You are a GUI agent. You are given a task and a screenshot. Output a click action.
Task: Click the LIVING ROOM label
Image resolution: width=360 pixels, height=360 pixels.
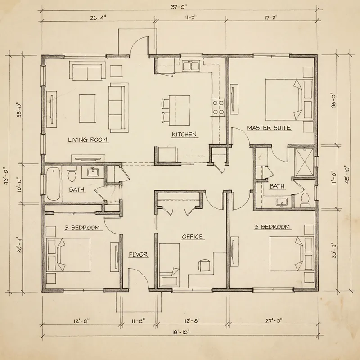(87, 139)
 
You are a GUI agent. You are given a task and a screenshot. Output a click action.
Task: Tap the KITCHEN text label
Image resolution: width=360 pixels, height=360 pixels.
(184, 135)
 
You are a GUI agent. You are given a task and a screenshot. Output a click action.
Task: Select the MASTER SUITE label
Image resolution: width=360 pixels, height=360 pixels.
(269, 128)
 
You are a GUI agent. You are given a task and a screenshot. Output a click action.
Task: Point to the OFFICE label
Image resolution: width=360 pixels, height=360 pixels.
(192, 237)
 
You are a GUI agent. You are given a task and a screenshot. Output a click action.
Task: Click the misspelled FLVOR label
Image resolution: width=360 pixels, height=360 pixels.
(138, 254)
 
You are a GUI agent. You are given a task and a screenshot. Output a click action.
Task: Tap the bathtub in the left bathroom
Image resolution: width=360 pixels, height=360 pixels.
(54, 184)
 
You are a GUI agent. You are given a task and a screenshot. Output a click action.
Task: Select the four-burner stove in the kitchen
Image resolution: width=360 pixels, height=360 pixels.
(219, 108)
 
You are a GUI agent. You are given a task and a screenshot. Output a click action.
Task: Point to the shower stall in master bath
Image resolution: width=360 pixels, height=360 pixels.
(304, 162)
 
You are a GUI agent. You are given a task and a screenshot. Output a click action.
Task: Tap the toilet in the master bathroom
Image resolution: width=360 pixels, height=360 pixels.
(305, 199)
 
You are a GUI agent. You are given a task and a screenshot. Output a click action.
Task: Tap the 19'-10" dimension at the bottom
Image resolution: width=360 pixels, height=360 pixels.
(180, 333)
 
